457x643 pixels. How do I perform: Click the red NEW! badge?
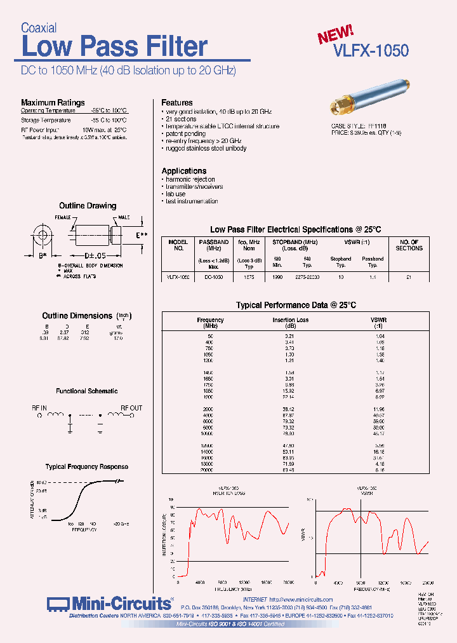point(336,34)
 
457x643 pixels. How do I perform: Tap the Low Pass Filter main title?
point(114,47)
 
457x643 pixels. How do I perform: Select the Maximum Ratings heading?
point(53,102)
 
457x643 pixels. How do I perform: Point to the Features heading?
point(177,102)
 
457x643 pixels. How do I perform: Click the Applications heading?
point(184,171)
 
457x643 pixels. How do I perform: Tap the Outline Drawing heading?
point(88,206)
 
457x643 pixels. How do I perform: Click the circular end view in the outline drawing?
point(43,236)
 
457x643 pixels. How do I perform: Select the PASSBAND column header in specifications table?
point(214,242)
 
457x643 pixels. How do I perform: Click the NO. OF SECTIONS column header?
point(409,245)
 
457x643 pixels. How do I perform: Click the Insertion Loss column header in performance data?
point(290,320)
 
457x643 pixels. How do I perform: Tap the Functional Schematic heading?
point(87,391)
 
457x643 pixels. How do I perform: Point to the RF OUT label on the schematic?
point(131,408)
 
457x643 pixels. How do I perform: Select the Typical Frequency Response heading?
point(87,466)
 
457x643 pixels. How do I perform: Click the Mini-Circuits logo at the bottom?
point(109,603)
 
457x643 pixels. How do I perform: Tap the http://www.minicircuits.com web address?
point(301,599)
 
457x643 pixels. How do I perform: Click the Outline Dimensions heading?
point(78,316)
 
